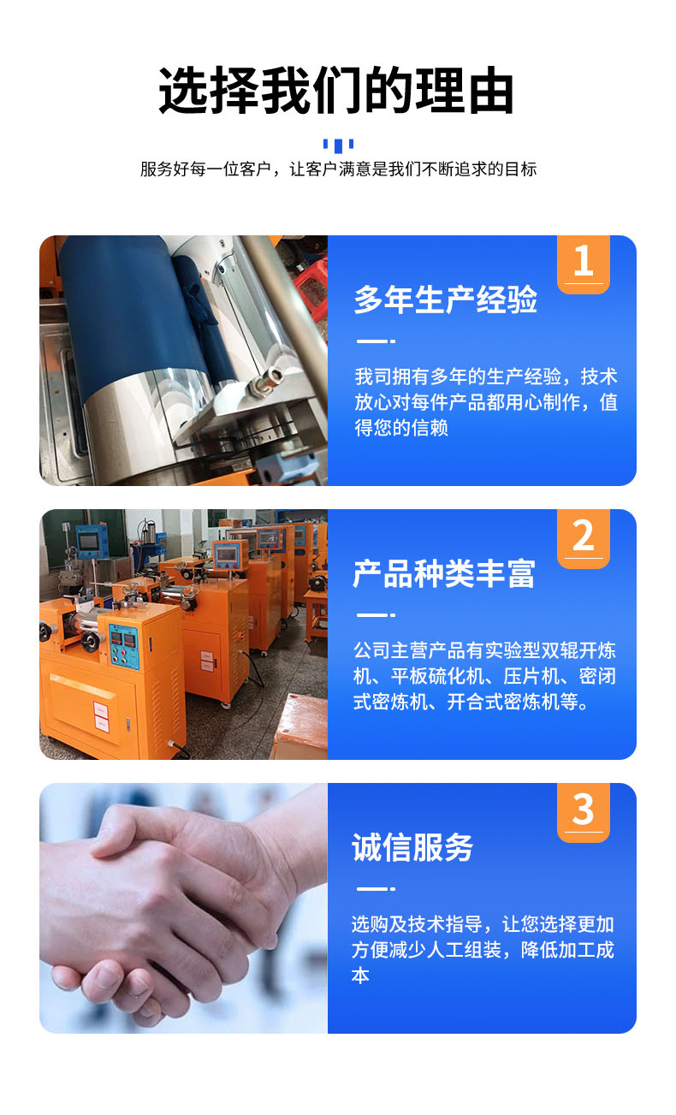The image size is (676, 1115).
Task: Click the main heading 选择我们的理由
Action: pyautogui.click(x=336, y=90)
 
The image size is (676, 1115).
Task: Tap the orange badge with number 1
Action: pyautogui.click(x=584, y=264)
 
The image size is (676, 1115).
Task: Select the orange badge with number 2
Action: pyautogui.click(x=584, y=538)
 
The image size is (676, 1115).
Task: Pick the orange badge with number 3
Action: pyautogui.click(x=584, y=812)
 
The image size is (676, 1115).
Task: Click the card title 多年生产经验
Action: pyautogui.click(x=446, y=300)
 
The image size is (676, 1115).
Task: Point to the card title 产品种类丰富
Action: pyautogui.click(x=444, y=573)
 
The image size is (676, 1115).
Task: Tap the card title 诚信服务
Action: pyautogui.click(x=412, y=847)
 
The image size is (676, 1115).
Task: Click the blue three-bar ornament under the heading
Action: pyautogui.click(x=339, y=145)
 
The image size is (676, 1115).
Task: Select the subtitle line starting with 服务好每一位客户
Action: pyautogui.click(x=339, y=169)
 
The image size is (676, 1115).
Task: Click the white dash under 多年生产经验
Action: pyautogui.click(x=376, y=341)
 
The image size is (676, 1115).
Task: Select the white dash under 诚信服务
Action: pyautogui.click(x=376, y=888)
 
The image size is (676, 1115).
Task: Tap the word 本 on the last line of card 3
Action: pyautogui.click(x=360, y=976)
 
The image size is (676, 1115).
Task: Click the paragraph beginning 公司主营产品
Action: pyautogui.click(x=484, y=676)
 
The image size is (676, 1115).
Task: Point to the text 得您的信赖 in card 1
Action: pyautogui.click(x=401, y=428)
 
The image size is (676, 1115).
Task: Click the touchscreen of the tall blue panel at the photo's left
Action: pyautogui.click(x=89, y=542)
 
